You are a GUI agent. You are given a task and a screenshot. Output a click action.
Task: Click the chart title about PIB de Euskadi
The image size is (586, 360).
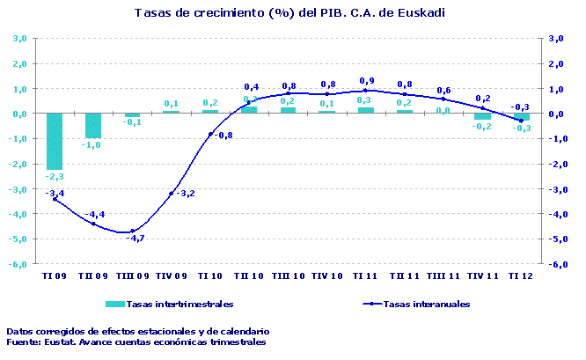(x=289, y=13)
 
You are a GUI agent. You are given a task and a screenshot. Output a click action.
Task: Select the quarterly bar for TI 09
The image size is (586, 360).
(x=55, y=141)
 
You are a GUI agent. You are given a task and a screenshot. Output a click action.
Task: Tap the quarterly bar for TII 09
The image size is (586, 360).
(x=93, y=125)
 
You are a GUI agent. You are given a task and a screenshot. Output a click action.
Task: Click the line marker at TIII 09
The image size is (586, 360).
(x=132, y=231)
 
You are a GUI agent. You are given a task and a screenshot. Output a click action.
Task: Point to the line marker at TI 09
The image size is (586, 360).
(x=55, y=199)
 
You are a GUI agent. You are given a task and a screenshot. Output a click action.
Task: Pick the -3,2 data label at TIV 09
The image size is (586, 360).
(x=185, y=194)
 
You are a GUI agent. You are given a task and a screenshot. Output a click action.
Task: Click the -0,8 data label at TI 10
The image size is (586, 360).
(x=223, y=136)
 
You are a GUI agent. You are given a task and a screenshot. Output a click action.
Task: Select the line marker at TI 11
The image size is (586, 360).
(x=366, y=91)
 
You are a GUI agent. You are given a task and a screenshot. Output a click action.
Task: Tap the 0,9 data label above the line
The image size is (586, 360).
(x=367, y=81)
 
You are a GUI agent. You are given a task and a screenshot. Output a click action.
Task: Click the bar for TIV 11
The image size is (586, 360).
(x=482, y=116)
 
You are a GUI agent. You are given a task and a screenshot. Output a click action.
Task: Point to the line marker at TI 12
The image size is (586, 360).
(x=521, y=121)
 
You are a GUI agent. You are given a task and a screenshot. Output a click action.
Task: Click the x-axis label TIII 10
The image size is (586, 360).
(x=288, y=276)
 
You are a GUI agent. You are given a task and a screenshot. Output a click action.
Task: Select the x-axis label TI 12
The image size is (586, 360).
(x=521, y=276)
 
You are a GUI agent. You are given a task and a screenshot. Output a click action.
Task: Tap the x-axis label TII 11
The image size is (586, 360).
(x=405, y=276)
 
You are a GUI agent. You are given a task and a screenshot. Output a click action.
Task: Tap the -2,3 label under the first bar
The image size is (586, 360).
(x=55, y=177)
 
